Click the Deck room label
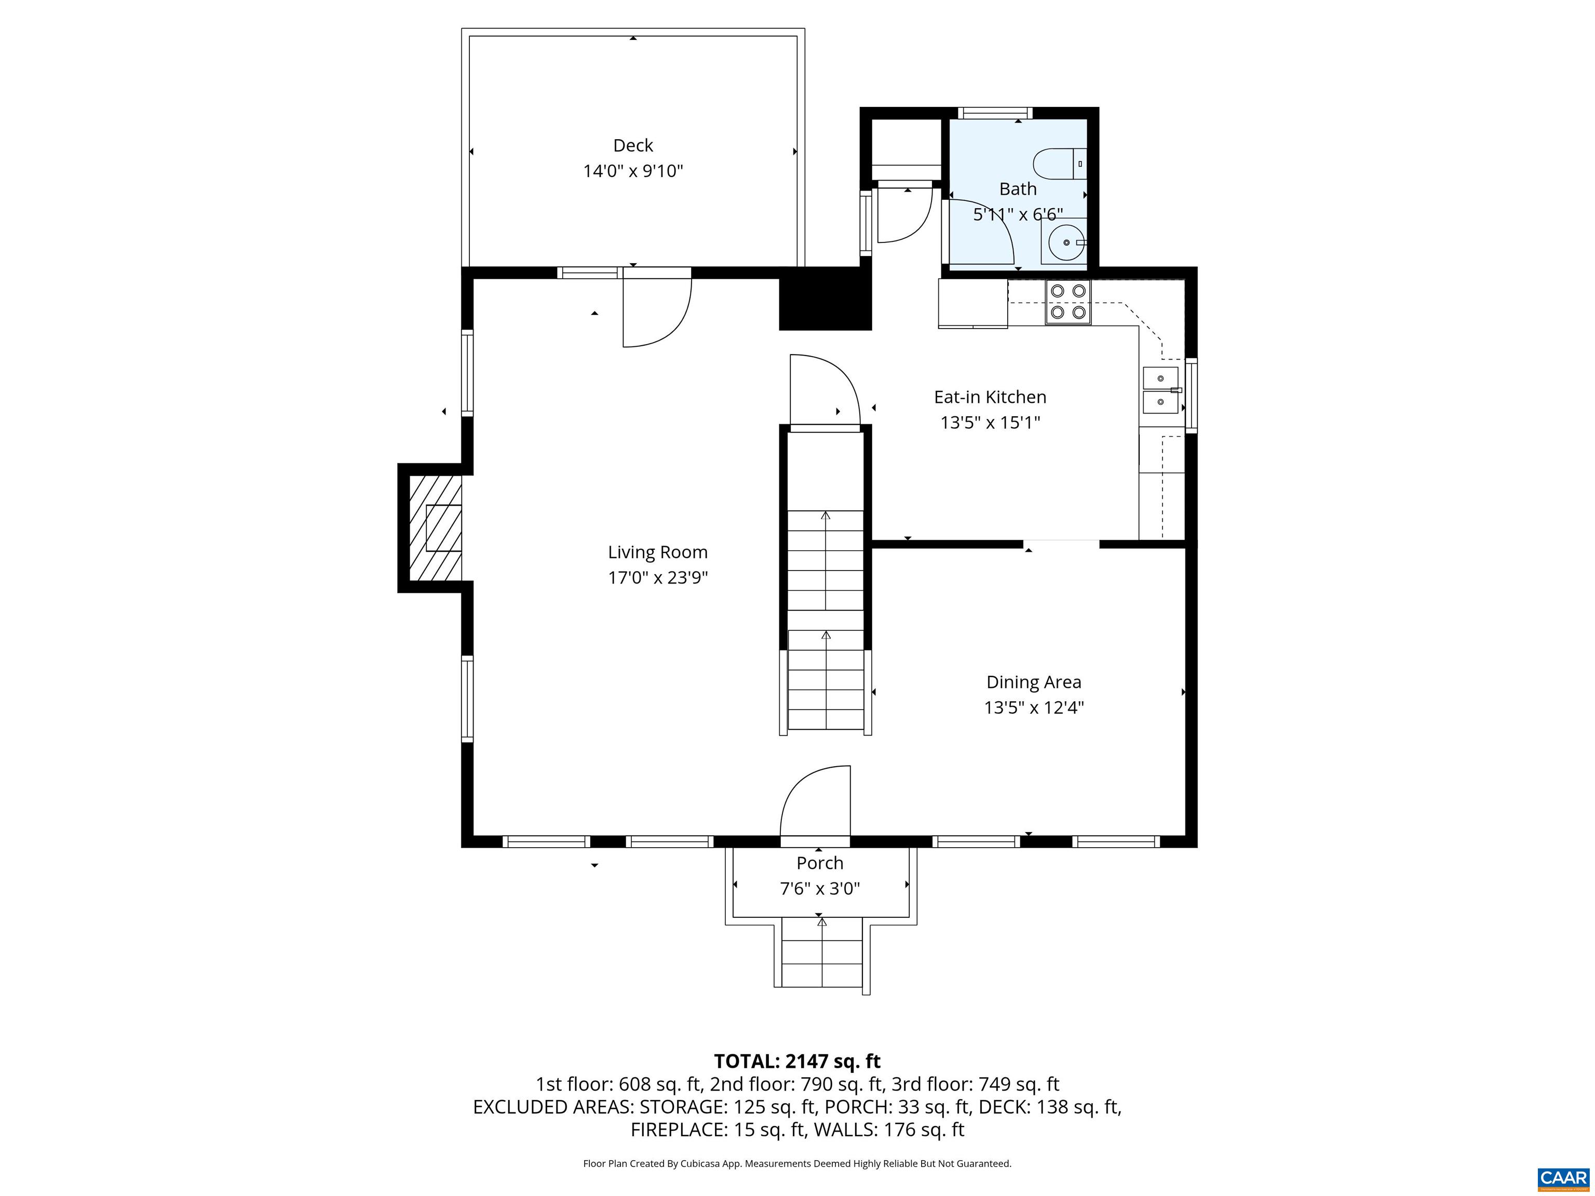(x=632, y=146)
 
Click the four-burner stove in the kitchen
(x=1068, y=302)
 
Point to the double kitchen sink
(x=1160, y=390)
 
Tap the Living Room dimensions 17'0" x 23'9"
(x=658, y=577)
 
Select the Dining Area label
(x=1033, y=682)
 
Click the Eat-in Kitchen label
(x=989, y=397)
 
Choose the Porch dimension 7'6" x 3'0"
(x=820, y=889)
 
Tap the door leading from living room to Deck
(x=657, y=310)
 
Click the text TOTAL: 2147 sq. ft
(x=797, y=1061)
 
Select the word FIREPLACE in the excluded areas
(x=679, y=1130)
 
